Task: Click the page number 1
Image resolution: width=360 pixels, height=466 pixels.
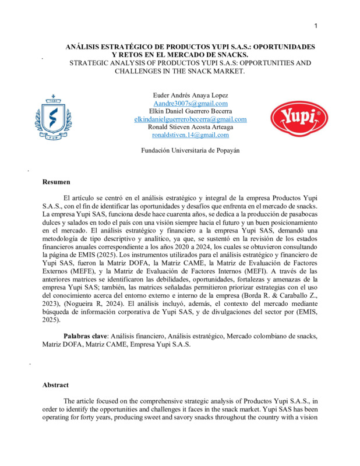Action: click(x=316, y=26)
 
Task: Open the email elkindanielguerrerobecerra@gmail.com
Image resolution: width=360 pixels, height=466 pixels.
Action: click(x=190, y=119)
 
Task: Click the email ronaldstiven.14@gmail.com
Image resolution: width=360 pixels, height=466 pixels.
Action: click(x=190, y=135)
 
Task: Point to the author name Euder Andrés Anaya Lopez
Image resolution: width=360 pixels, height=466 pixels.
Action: click(x=190, y=95)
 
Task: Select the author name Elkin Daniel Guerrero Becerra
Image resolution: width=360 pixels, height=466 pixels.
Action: click(x=190, y=111)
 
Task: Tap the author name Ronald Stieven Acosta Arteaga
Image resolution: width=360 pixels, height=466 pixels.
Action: click(x=190, y=126)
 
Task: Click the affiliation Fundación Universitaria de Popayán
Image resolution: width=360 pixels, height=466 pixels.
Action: click(x=190, y=150)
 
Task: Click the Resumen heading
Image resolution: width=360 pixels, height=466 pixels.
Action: click(x=56, y=182)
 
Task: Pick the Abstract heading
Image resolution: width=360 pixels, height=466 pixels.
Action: click(x=55, y=385)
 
